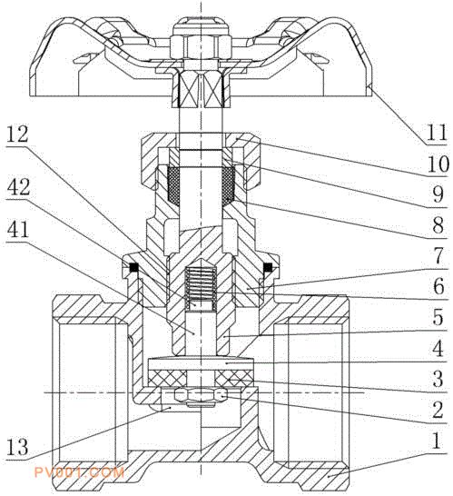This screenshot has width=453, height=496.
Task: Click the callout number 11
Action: click(437, 132)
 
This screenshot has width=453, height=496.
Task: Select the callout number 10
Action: click(438, 164)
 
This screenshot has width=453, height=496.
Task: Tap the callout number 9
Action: click(438, 194)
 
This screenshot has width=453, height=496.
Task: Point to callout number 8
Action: click(438, 225)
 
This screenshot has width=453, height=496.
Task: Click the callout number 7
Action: click(438, 256)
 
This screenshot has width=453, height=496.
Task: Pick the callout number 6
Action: click(438, 286)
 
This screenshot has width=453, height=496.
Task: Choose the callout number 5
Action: click(438, 317)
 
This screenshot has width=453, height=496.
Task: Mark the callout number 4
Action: click(438, 348)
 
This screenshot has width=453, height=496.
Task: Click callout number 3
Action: click(438, 379)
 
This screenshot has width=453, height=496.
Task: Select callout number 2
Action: click(438, 410)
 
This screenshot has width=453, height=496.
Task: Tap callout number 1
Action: click(437, 441)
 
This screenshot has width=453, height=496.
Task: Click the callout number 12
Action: click(17, 134)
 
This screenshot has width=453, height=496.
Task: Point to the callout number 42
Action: click(18, 187)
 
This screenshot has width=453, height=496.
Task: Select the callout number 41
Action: click(17, 230)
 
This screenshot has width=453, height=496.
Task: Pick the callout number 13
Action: click(17, 446)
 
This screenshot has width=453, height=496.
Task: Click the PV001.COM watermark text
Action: click(79, 472)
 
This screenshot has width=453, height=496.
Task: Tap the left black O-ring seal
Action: click(133, 267)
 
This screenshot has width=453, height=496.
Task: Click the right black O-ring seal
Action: click(268, 267)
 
